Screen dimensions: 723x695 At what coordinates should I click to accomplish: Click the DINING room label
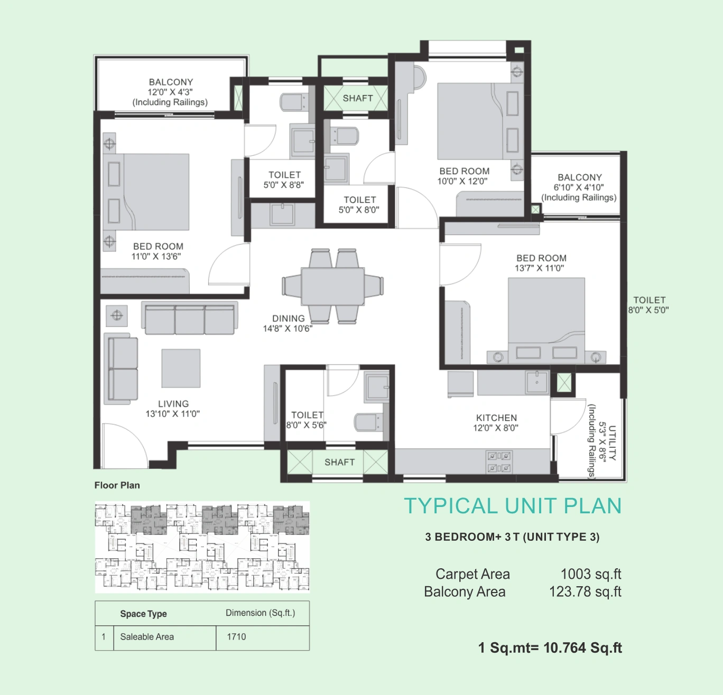pyautogui.click(x=289, y=318)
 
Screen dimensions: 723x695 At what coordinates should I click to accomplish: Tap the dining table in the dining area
pyautogui.click(x=332, y=286)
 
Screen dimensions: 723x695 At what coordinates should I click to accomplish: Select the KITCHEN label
pyautogui.click(x=496, y=418)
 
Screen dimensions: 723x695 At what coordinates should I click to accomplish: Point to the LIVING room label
pyautogui.click(x=173, y=404)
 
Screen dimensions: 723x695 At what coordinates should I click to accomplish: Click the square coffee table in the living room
pyautogui.click(x=181, y=368)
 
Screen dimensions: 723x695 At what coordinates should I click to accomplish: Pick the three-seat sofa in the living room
pyautogui.click(x=190, y=318)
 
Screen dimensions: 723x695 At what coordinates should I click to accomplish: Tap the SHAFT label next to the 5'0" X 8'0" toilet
pyautogui.click(x=357, y=98)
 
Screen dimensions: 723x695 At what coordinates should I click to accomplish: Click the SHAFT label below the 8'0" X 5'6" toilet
pyautogui.click(x=340, y=462)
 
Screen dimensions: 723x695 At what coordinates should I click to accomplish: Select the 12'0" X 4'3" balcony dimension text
pyautogui.click(x=170, y=92)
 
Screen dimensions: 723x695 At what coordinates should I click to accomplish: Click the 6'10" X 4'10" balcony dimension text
pyautogui.click(x=579, y=187)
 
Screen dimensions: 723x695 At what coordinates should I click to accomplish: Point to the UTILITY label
pyautogui.click(x=613, y=443)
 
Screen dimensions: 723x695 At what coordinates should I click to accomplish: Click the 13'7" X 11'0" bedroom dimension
pyautogui.click(x=540, y=268)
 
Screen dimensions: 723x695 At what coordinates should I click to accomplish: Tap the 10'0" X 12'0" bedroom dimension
pyautogui.click(x=462, y=181)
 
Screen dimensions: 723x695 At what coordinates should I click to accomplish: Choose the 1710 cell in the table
pyautogui.click(x=236, y=637)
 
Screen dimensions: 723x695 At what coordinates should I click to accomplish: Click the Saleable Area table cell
pyautogui.click(x=147, y=637)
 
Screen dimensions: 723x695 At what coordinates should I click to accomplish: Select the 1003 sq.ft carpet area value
pyautogui.click(x=591, y=574)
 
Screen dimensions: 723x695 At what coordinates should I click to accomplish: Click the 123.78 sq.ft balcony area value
pyautogui.click(x=585, y=592)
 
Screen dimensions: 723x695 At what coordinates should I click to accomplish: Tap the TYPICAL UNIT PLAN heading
pyautogui.click(x=513, y=505)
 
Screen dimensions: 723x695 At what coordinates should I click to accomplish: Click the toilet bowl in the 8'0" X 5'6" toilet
pyautogui.click(x=368, y=422)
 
